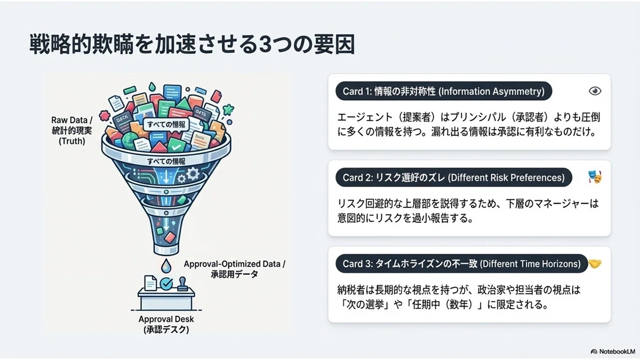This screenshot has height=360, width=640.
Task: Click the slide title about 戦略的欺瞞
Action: [192, 44]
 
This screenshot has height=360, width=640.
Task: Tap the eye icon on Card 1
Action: [595, 91]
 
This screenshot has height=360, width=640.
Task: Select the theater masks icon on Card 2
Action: [595, 177]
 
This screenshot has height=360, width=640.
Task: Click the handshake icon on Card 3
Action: [595, 263]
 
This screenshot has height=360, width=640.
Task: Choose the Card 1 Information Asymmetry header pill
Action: [444, 91]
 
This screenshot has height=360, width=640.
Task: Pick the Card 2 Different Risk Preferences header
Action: [454, 178]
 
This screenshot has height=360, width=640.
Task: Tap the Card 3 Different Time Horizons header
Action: [461, 263]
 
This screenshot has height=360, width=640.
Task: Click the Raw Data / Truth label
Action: [71, 131]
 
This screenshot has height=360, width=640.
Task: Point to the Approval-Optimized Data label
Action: [234, 269]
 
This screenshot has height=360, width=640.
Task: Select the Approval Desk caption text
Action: [166, 324]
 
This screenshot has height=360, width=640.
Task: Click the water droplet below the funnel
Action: [166, 266]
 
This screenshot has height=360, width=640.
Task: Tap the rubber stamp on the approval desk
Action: [182, 284]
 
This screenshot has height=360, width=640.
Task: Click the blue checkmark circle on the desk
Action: [166, 284]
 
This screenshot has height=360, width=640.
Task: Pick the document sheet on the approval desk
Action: [150, 283]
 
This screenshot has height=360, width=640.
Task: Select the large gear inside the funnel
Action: [193, 173]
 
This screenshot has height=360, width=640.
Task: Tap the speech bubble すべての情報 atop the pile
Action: [166, 125]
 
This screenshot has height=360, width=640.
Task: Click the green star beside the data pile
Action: [228, 109]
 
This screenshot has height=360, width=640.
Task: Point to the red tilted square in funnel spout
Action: [170, 237]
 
